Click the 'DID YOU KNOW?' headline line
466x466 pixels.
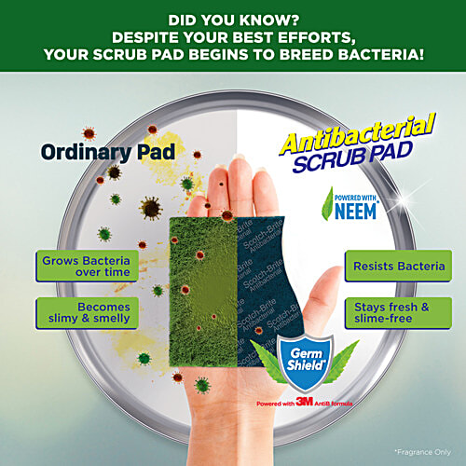[x=232, y=17]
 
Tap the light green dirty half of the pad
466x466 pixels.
[x=192, y=280]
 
